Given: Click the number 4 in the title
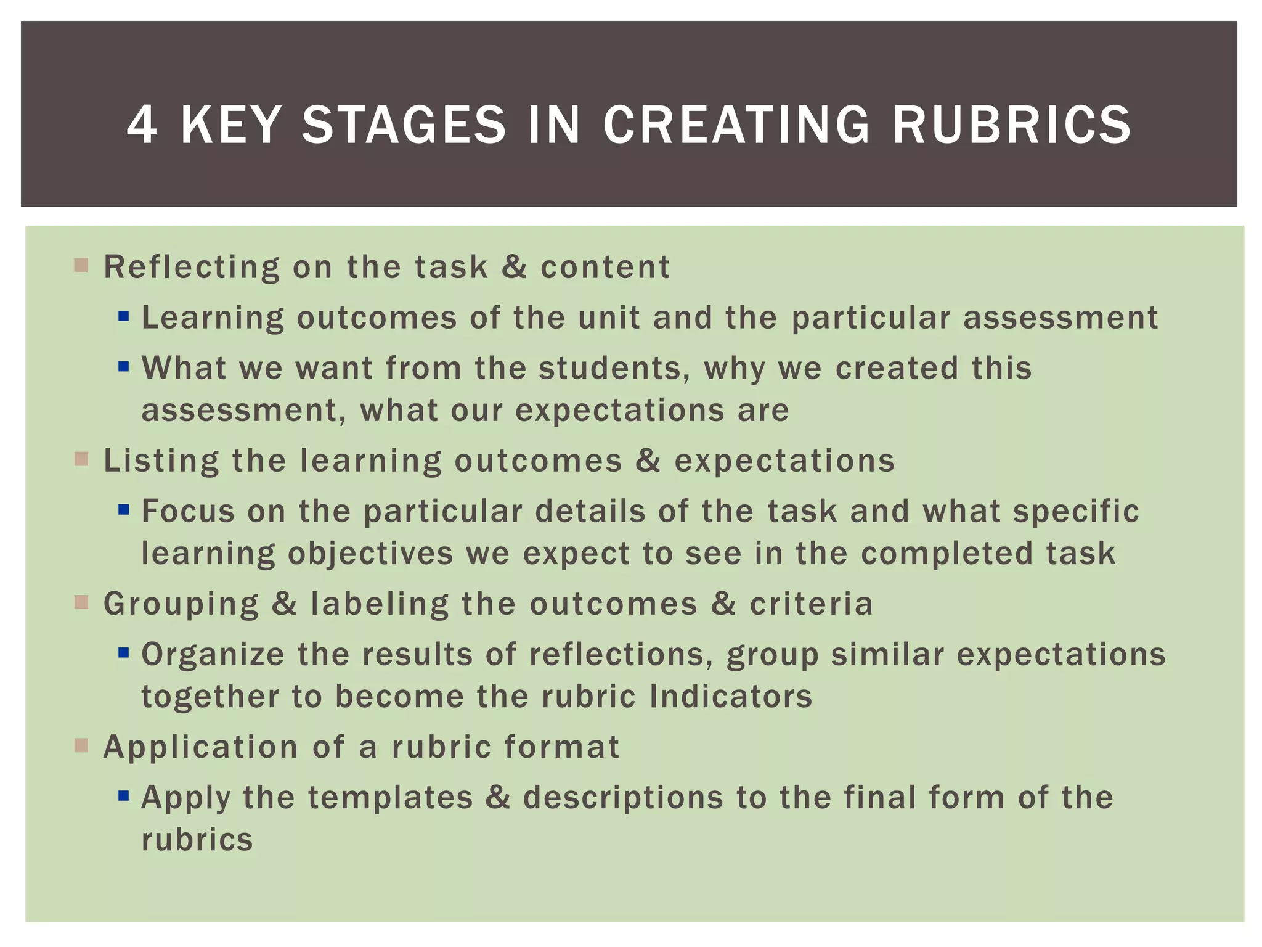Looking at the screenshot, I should tap(141, 125).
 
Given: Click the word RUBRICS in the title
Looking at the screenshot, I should tap(1011, 125).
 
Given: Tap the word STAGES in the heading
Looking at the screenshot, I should tap(404, 125).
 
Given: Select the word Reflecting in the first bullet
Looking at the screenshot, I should tap(192, 268).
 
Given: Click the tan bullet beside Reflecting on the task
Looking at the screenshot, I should tap(81, 266).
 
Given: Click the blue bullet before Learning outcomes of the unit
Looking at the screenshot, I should tap(124, 316).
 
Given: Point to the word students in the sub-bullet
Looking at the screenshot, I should tap(614, 368).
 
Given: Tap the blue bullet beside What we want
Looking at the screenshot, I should tap(124, 367).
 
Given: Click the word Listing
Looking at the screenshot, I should tap(161, 461).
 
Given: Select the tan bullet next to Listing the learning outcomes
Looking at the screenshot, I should tap(81, 459).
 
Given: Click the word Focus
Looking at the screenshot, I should tap(188, 511).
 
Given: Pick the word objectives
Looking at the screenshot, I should tap(370, 553).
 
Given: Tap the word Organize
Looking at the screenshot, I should tap(213, 655).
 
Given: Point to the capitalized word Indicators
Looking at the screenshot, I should tap(731, 696).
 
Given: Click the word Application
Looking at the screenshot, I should tap(201, 747).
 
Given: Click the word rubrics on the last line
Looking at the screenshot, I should tap(197, 840).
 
